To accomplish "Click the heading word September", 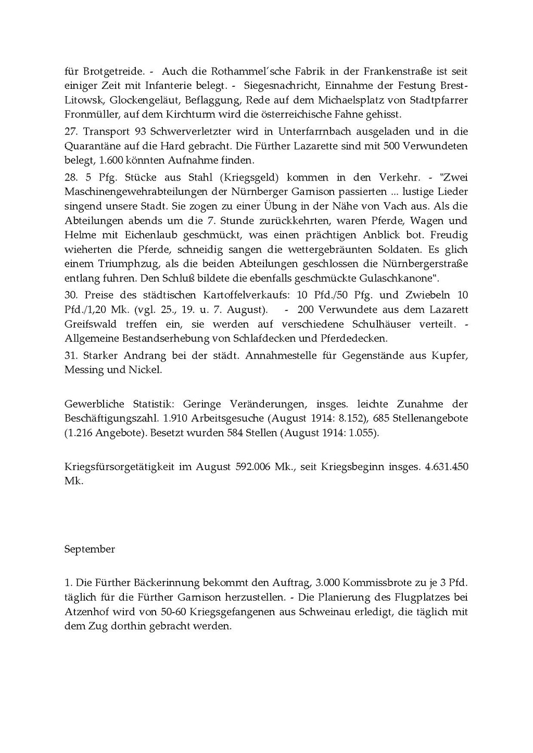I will click(x=90, y=549).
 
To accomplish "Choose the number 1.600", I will click(x=109, y=160).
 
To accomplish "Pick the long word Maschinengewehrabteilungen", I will click(x=134, y=191).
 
